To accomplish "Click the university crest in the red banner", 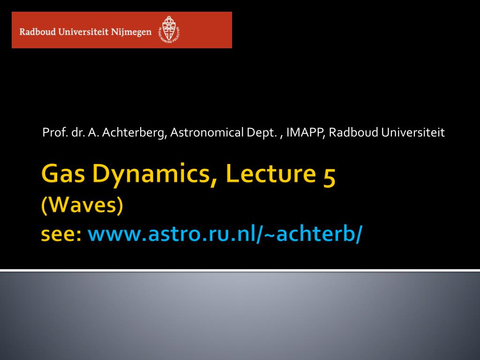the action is point(169,30).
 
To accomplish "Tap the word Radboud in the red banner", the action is point(37,31).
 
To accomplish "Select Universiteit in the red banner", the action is point(83,31).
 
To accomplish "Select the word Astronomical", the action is point(207,132).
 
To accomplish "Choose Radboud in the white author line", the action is point(353,132).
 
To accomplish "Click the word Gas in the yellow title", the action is point(63,173).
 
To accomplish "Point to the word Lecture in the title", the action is point(270,173).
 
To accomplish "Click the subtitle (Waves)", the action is point(82,205).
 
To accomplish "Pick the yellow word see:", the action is point(61,234).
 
